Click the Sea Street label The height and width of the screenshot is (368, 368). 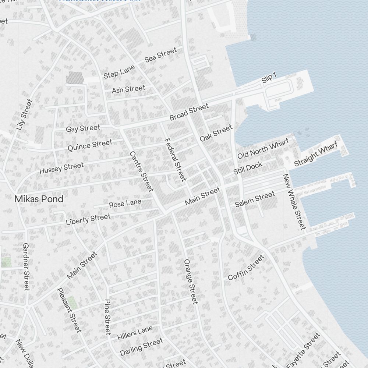(x=160, y=54)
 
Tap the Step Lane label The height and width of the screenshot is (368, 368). (x=119, y=72)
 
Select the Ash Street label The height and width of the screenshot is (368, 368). (x=128, y=89)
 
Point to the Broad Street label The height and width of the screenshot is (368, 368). (x=189, y=112)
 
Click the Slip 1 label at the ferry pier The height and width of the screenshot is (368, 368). (x=269, y=78)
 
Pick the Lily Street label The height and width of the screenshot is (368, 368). (x=25, y=114)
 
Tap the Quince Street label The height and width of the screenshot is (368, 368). (x=90, y=145)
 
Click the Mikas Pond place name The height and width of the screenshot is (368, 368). (x=39, y=199)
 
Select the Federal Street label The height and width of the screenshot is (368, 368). (x=175, y=159)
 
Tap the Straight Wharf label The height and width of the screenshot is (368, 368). (x=315, y=154)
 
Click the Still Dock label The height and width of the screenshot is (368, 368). (x=248, y=168)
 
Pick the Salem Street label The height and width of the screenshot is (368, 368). (x=255, y=199)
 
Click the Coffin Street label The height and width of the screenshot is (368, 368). (x=246, y=267)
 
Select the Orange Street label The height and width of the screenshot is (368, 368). (x=191, y=281)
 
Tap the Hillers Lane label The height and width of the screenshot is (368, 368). (x=135, y=333)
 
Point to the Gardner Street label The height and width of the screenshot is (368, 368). (x=26, y=266)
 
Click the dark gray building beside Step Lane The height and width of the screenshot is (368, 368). (x=75, y=78)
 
